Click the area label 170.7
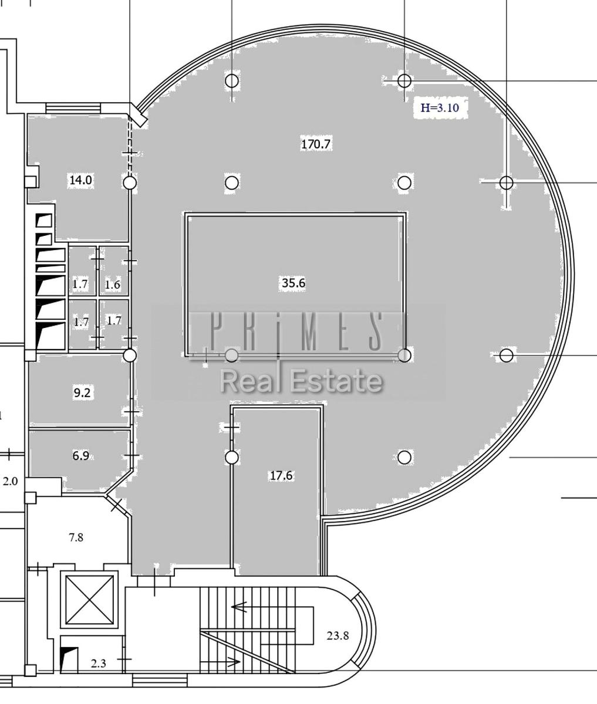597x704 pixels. [x=316, y=144]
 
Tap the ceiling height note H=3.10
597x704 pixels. [x=440, y=108]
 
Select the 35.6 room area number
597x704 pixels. [x=294, y=283]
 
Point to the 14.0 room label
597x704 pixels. [x=81, y=180]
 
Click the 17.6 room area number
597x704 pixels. [x=281, y=475]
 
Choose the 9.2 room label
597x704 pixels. [x=82, y=392]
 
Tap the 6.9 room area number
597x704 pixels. [x=81, y=456]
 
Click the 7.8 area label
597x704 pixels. [x=76, y=537]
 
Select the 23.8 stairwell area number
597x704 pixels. [x=338, y=635]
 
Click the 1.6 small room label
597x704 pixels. [x=113, y=285]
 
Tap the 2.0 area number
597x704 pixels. [x=10, y=482]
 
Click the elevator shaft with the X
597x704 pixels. [x=89, y=600]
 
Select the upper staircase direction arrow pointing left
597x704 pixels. [x=238, y=607]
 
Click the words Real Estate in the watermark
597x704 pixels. [x=302, y=381]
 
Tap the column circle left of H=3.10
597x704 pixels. [x=404, y=81]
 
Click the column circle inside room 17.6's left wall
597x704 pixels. [x=232, y=458]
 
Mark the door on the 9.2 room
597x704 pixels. [x=131, y=412]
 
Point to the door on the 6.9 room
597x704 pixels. [x=131, y=455]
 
